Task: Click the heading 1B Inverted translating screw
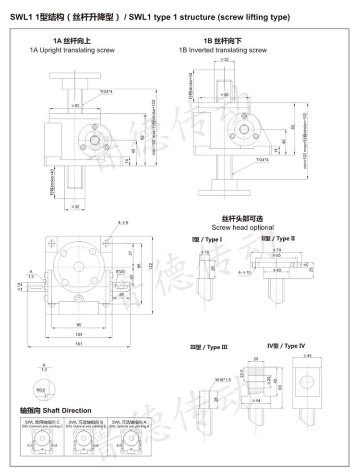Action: [223, 50]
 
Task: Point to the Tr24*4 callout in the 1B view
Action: [262, 159]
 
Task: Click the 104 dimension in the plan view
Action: [79, 334]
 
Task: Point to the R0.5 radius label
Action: [41, 390]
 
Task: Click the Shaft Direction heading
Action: [56, 410]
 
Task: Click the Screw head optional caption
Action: [242, 227]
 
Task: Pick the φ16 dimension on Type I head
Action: [204, 252]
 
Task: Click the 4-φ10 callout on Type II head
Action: [245, 272]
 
